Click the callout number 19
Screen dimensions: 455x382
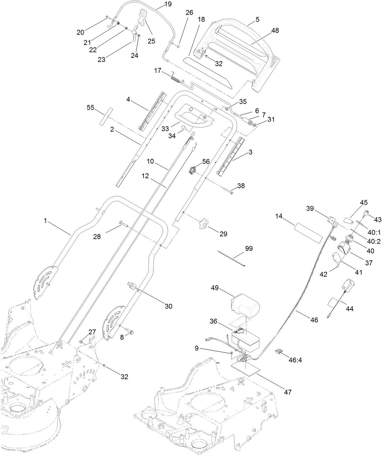point(168,4)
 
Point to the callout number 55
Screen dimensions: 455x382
point(90,107)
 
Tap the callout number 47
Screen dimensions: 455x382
point(287,392)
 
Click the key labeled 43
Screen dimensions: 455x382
point(366,213)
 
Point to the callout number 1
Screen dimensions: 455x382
point(45,221)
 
